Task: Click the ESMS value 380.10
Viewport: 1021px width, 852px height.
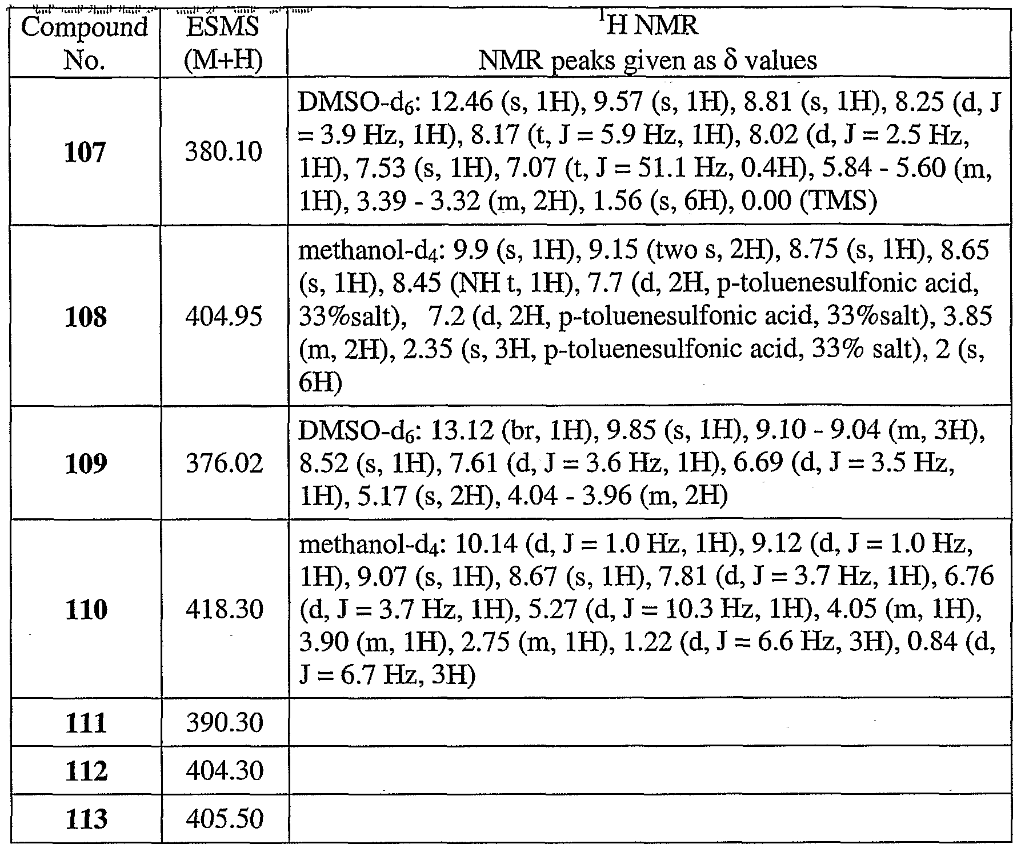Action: click(x=223, y=153)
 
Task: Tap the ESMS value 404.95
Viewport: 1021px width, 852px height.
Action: click(x=223, y=316)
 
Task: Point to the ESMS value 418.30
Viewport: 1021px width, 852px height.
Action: click(x=223, y=610)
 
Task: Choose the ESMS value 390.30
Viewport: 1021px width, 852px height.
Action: click(x=223, y=723)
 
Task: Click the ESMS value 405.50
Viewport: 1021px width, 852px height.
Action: click(x=223, y=819)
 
